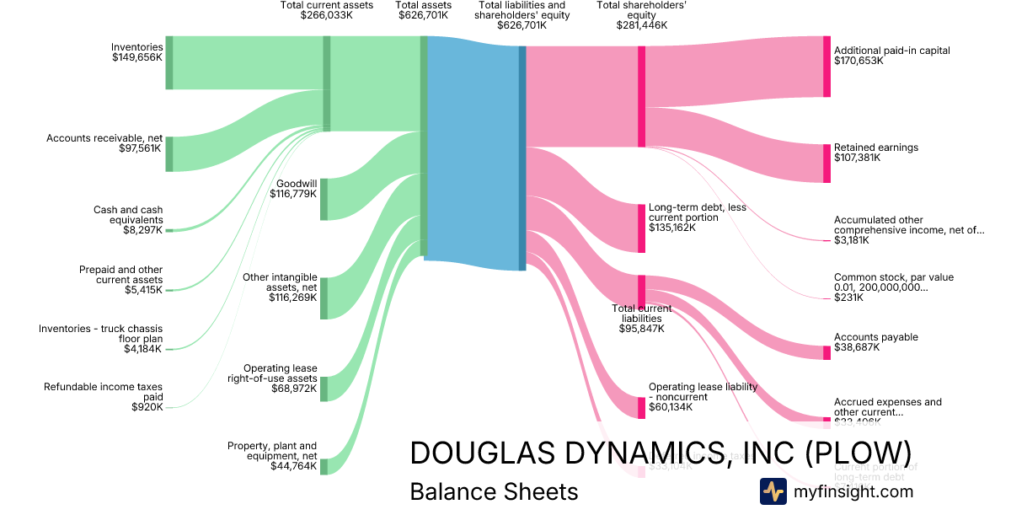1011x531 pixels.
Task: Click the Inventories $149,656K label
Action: click(137, 52)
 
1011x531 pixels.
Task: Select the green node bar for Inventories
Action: click(169, 62)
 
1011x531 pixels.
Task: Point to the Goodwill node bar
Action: click(324, 199)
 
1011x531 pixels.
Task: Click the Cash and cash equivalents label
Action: click(128, 215)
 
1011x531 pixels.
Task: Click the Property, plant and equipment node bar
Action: click(324, 467)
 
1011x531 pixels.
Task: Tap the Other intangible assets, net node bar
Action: click(324, 298)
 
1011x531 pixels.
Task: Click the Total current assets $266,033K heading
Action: click(326, 10)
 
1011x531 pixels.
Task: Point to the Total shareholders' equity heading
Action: click(641, 15)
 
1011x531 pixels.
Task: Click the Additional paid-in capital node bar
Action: click(826, 66)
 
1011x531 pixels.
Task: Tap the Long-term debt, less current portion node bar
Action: click(641, 228)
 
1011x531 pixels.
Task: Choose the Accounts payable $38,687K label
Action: click(875, 342)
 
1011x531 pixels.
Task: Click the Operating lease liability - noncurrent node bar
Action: click(641, 407)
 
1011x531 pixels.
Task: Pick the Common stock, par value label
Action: click(893, 282)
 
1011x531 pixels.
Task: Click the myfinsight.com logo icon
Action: click(773, 491)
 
